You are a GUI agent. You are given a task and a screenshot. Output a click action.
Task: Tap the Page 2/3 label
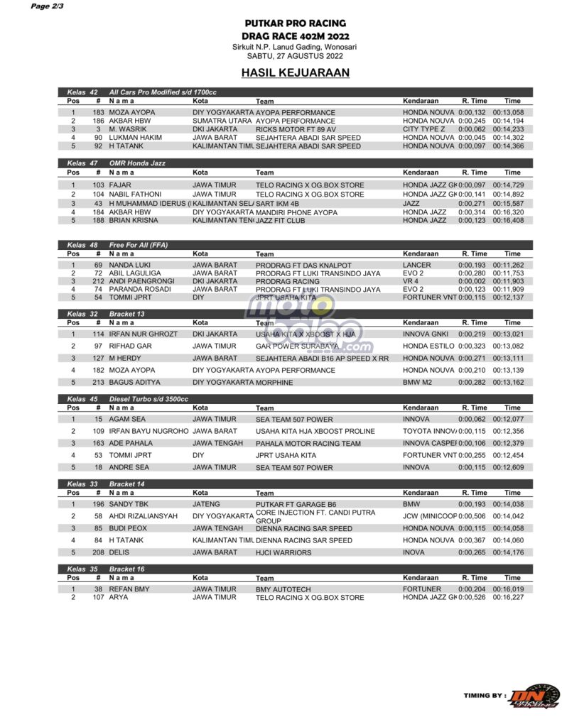point(47,6)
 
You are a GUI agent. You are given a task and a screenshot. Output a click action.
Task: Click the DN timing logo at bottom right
point(539,696)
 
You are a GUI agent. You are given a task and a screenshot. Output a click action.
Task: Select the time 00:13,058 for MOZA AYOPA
point(508,112)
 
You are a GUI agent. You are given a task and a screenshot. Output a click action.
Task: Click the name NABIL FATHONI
point(135,194)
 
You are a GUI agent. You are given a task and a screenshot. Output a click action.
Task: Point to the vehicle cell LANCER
point(417,265)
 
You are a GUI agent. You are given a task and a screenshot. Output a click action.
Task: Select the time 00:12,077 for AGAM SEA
point(508,419)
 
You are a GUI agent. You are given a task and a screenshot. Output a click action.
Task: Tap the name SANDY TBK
point(129,504)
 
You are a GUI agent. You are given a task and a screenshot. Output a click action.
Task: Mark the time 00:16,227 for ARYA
point(508,598)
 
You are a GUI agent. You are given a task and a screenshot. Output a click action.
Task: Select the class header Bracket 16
point(127,569)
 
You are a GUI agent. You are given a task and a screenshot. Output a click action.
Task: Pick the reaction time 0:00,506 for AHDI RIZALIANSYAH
point(472,516)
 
